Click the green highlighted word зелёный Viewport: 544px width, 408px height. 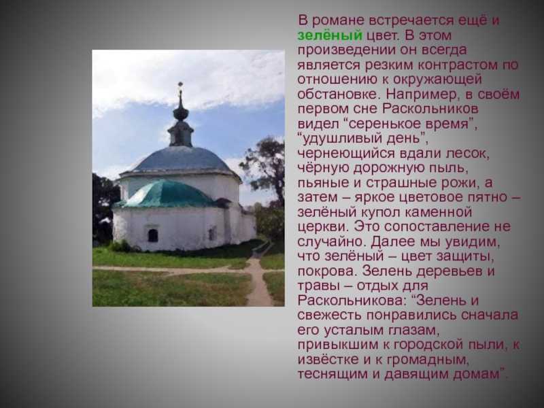(330, 35)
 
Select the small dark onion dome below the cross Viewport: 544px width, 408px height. (181, 113)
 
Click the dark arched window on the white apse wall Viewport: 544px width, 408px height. (152, 235)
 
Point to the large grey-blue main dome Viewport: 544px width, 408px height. (181, 160)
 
